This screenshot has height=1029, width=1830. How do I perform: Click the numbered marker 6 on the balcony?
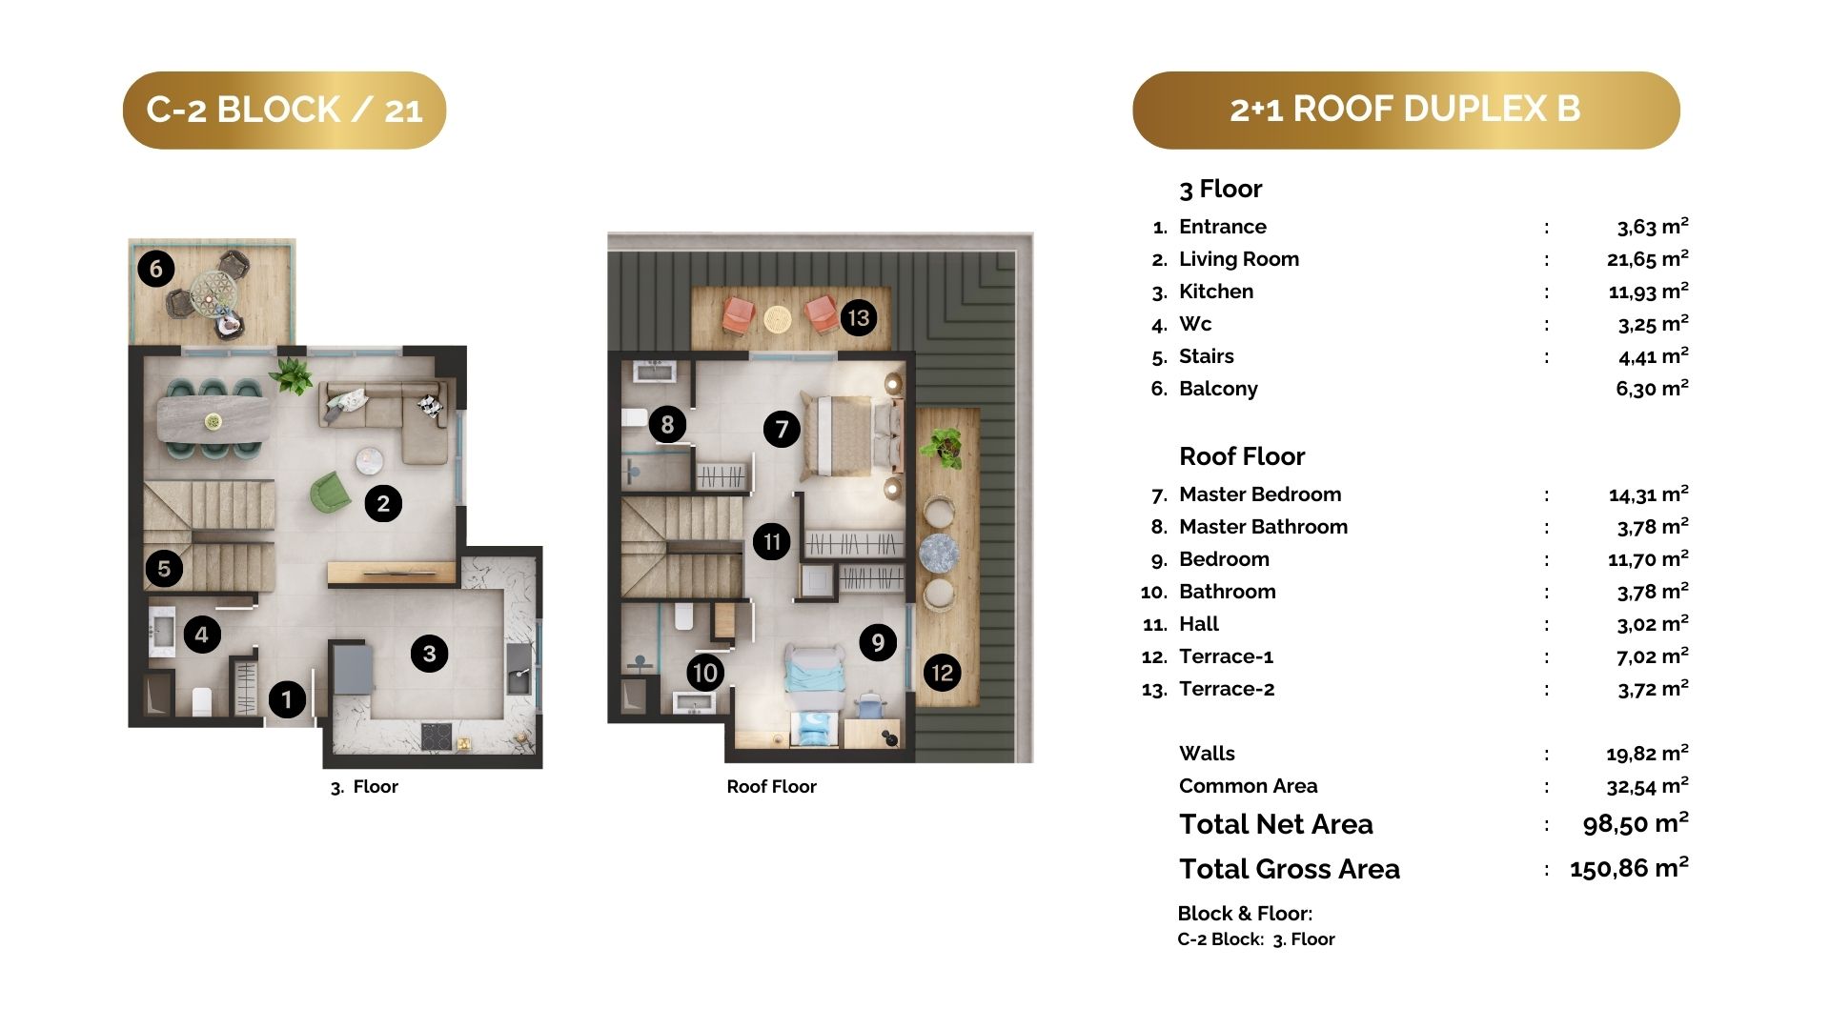point(156,269)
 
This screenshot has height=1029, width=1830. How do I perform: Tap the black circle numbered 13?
point(858,317)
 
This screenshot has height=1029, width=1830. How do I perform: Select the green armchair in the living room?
point(330,493)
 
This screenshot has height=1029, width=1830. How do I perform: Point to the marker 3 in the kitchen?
point(429,654)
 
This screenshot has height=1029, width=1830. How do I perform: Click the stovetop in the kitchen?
point(437,736)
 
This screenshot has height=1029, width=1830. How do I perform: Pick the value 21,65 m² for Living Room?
point(1648,258)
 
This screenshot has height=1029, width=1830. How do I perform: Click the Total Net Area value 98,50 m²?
point(1636,823)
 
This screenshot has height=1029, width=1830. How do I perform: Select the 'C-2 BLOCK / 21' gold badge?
point(284,110)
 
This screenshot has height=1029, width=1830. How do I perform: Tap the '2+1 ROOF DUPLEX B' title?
point(1406,110)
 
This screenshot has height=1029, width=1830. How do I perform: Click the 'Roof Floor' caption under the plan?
point(771,786)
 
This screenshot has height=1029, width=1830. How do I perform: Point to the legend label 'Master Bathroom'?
point(1263,526)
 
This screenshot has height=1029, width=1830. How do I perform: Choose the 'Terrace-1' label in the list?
point(1227,656)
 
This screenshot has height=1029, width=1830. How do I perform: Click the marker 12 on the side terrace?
point(942,673)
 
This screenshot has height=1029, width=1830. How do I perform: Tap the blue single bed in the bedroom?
point(814,693)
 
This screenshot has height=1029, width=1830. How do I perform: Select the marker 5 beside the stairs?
point(164,569)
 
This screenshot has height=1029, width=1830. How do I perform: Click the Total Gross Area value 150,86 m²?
point(1629,868)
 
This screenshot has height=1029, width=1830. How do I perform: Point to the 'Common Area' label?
point(1248,786)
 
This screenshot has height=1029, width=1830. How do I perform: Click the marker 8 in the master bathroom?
point(667,424)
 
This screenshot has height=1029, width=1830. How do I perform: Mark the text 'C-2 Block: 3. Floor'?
point(1256,938)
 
